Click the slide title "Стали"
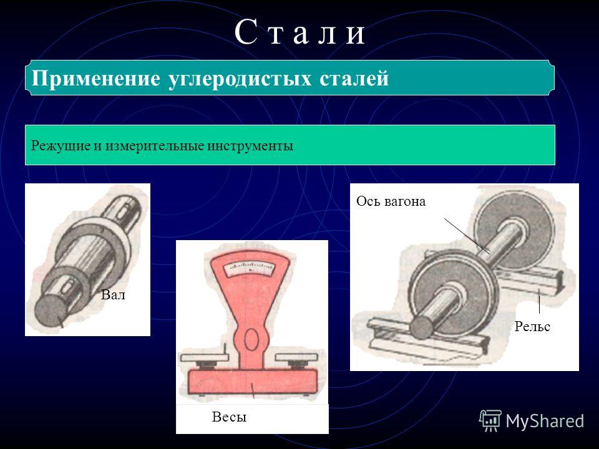coord(300,33)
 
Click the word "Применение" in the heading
coord(95,79)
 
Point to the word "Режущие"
coord(61,146)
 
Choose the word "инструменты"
coord(250,146)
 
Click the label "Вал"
coord(113,295)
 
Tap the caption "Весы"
coord(229,417)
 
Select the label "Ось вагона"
coord(391,201)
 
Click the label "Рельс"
coord(532,326)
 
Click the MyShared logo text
coord(545,421)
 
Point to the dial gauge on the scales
coord(250,269)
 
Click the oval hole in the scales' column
coord(251,339)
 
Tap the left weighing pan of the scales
coord(205,357)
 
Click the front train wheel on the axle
coord(453,292)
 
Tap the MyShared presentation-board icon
coord(490,420)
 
